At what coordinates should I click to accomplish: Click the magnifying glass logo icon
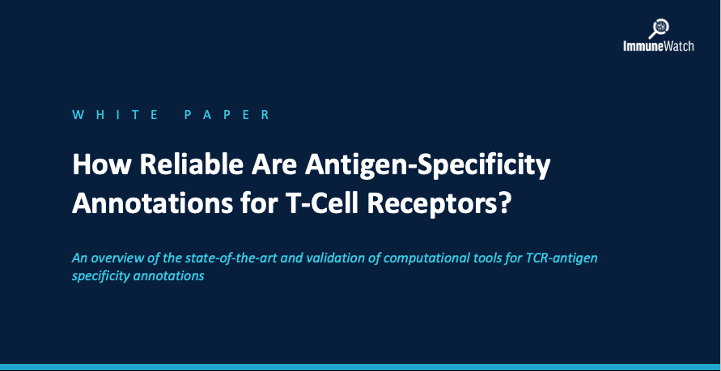(x=659, y=28)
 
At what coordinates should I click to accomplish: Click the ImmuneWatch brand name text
(x=659, y=46)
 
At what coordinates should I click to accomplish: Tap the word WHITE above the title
(x=115, y=114)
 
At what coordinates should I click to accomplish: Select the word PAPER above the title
(x=227, y=114)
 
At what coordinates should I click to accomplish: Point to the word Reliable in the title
(x=191, y=164)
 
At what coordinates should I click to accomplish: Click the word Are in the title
(x=273, y=164)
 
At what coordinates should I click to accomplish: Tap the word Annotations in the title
(x=152, y=203)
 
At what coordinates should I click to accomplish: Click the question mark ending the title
(x=504, y=203)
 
